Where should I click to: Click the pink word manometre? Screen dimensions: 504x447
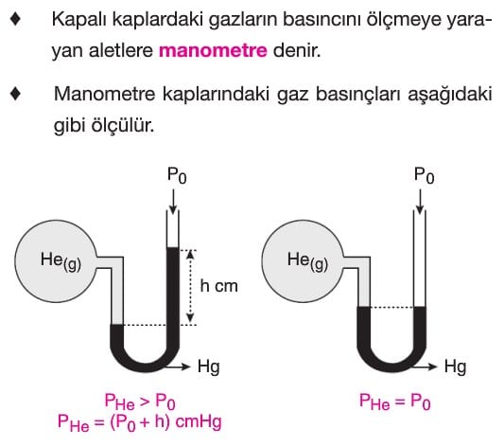click(213, 50)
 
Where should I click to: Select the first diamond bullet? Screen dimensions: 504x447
click(15, 19)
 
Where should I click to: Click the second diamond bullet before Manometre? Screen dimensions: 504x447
click(15, 94)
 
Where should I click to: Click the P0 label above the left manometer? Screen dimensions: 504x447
click(177, 176)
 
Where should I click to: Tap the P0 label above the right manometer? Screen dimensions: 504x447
click(424, 176)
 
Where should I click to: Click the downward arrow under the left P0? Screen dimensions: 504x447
click(173, 202)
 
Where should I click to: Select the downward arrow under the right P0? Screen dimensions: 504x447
click(420, 202)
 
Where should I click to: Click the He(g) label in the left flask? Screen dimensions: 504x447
click(61, 260)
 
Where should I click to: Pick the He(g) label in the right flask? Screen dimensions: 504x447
click(307, 260)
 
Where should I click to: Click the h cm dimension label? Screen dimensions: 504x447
click(218, 286)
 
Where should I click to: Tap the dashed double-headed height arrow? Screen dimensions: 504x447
click(190, 286)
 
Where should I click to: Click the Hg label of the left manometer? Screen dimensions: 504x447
click(209, 367)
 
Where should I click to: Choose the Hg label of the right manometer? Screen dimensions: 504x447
click(455, 367)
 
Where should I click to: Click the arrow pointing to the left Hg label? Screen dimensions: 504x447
click(179, 367)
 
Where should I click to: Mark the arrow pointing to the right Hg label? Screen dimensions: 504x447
click(426, 367)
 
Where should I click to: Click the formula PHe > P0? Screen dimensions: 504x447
click(140, 402)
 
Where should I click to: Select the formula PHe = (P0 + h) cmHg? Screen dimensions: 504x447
click(140, 422)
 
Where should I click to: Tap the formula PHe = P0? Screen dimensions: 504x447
click(394, 402)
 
